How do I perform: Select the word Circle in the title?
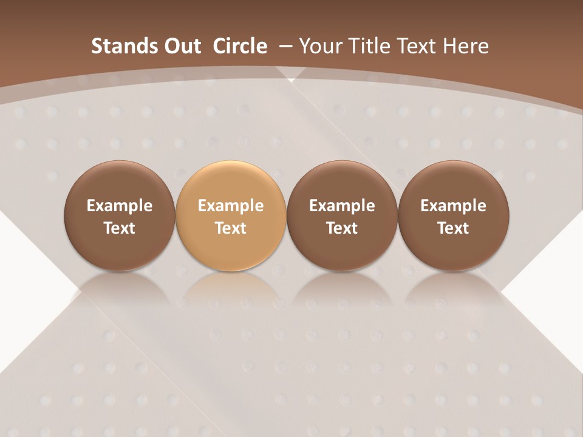pos(240,46)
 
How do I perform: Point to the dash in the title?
pos(286,47)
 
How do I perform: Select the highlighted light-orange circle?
pos(231,215)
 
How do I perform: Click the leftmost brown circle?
pos(120,215)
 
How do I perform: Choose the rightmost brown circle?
pos(454,215)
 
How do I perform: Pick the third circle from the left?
pos(342,215)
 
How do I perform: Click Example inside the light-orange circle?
pos(231,206)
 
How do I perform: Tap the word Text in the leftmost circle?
pos(120,228)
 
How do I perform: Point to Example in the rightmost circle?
pos(454,206)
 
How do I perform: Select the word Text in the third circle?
pos(342,228)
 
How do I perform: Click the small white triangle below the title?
pos(291,80)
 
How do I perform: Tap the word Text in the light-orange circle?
pos(231,228)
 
